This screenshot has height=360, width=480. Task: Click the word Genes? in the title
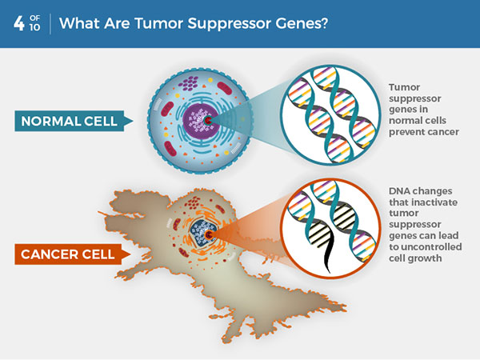tap(298, 23)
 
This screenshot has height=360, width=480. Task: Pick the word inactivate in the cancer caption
tap(433, 203)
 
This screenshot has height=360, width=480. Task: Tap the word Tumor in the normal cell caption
tap(404, 86)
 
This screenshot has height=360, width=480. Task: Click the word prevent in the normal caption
tap(408, 132)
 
